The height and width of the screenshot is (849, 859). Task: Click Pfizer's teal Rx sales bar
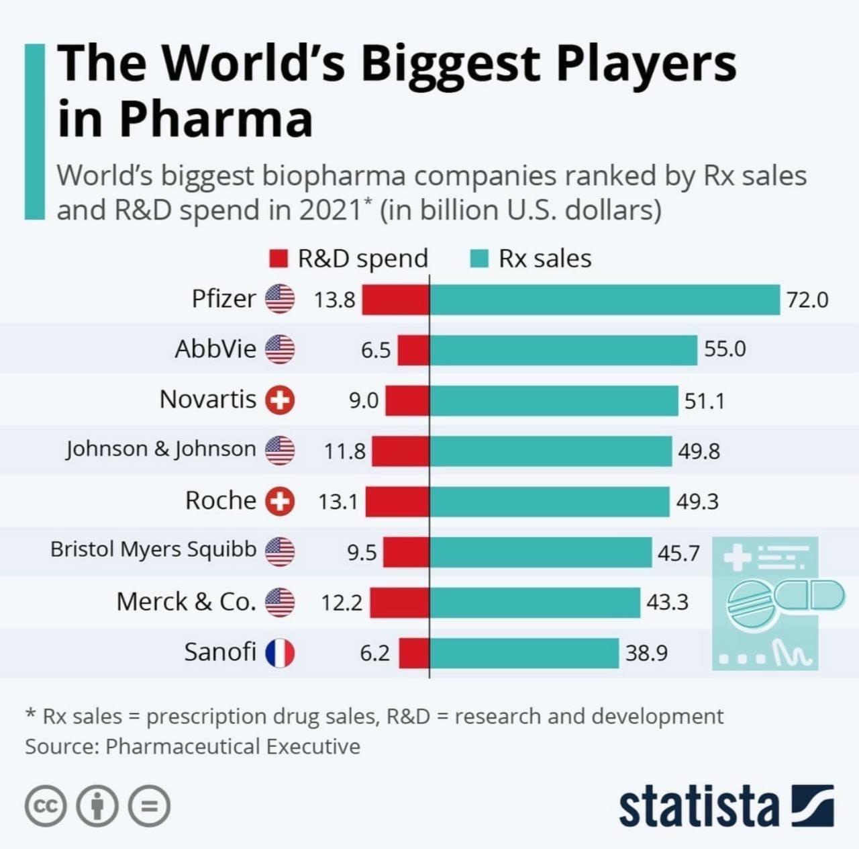[x=604, y=300]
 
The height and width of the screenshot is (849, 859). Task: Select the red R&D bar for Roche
[x=397, y=502]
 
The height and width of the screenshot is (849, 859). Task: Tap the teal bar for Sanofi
[x=523, y=653]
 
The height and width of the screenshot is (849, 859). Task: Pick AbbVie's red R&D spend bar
[x=413, y=350]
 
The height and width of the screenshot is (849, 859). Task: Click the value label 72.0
[x=807, y=300]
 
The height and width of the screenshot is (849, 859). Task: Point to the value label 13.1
[x=338, y=502]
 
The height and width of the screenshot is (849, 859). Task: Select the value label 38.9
[x=646, y=653]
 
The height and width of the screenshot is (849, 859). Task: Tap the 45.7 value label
[x=678, y=553]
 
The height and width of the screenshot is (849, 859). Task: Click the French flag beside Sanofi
[x=280, y=653]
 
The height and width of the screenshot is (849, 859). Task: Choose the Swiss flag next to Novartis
[x=280, y=400]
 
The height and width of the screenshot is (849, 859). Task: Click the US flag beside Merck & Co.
[x=280, y=602]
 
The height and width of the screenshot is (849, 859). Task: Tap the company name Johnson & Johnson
[x=161, y=449]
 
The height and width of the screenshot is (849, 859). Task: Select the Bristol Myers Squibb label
[x=153, y=549]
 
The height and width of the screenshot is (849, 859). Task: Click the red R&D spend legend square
[x=278, y=259]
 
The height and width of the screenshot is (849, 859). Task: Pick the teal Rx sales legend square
[x=479, y=259]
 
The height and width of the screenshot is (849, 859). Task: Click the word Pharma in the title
[x=215, y=120]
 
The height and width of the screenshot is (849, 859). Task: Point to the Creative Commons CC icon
[x=46, y=805]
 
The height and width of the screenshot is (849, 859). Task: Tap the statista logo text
[x=698, y=806]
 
